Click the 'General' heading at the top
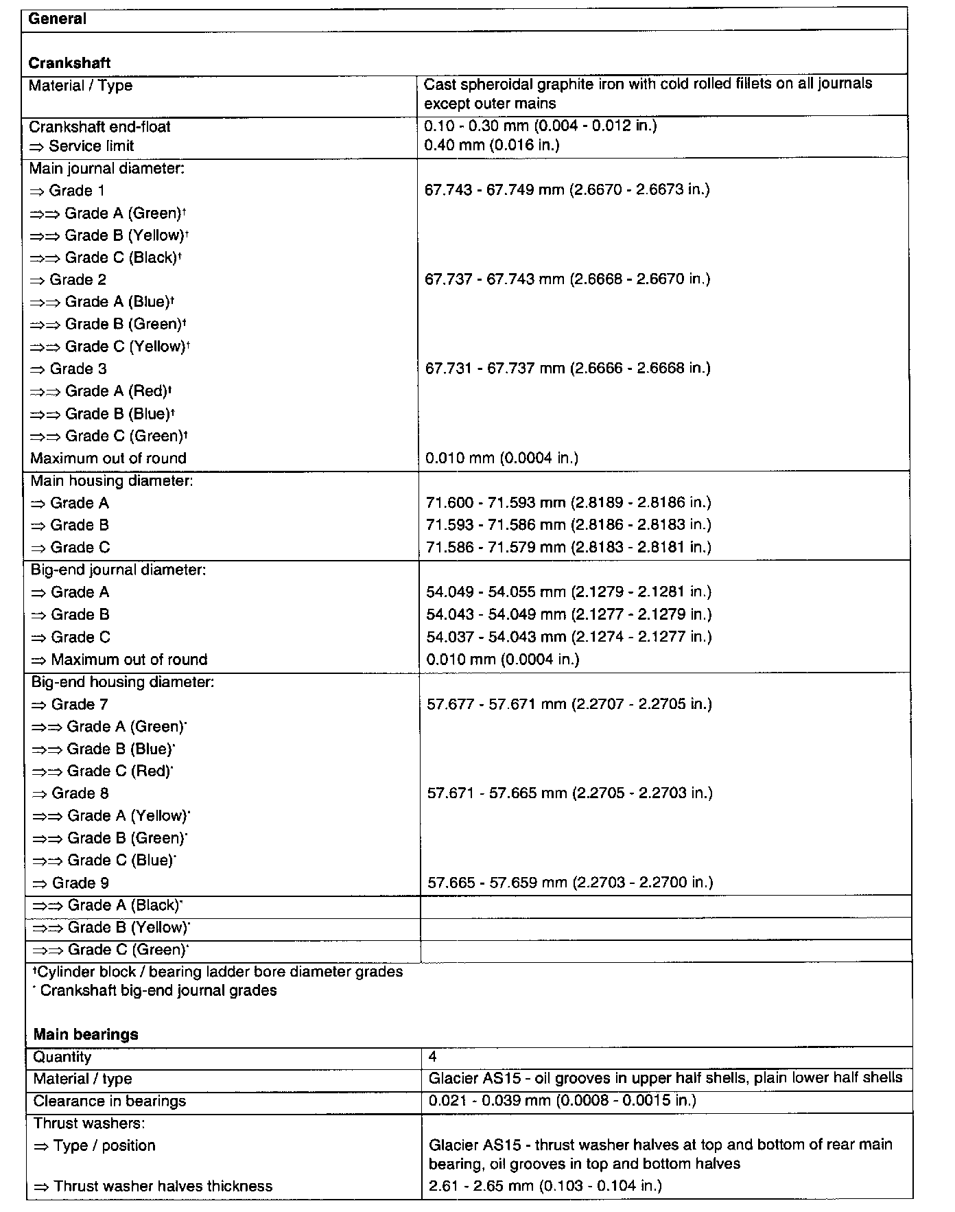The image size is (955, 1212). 58,19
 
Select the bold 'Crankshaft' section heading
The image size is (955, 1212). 69,63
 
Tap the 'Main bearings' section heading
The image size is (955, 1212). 86,1034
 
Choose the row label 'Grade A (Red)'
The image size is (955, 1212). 103,391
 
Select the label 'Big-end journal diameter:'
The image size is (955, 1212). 119,570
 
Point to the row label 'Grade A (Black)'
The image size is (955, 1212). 108,905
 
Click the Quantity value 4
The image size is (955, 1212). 432,1057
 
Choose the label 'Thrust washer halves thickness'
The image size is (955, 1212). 154,1186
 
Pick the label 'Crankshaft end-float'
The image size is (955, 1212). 99,127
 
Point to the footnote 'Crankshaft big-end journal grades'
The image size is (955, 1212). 158,990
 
